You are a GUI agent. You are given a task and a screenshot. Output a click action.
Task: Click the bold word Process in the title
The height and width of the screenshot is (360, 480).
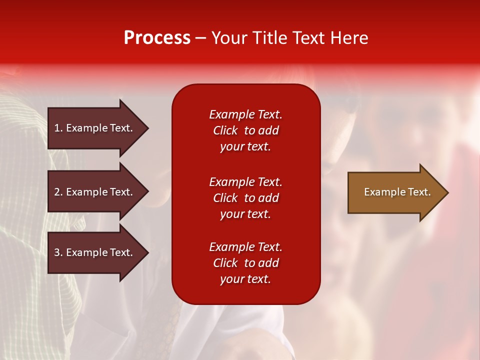(x=157, y=38)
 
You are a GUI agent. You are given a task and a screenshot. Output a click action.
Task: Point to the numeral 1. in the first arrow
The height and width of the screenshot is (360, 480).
(x=58, y=128)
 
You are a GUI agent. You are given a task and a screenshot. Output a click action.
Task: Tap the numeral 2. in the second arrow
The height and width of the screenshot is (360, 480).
(x=58, y=192)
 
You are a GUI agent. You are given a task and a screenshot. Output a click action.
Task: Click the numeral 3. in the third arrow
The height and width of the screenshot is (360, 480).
(x=58, y=252)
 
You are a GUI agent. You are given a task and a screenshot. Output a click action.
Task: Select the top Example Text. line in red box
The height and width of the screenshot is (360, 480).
(x=245, y=114)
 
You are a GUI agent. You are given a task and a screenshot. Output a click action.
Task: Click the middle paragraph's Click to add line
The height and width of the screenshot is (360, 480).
(x=245, y=198)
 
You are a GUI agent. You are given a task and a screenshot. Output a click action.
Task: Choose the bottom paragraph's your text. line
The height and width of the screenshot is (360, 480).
(x=245, y=279)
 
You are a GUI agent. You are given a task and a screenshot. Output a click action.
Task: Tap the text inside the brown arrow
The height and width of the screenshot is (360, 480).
(x=397, y=192)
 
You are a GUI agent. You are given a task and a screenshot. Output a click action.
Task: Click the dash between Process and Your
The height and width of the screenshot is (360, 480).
(x=200, y=38)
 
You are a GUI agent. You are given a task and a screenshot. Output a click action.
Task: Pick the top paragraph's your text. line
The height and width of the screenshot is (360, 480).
(x=245, y=146)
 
